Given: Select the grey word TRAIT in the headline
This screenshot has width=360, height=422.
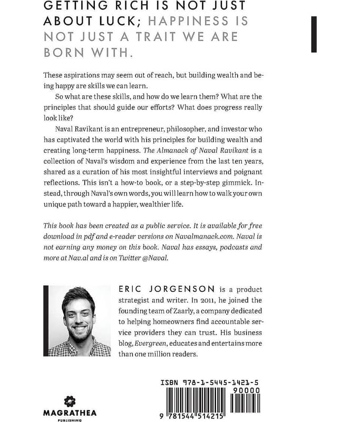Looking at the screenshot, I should point(161,38).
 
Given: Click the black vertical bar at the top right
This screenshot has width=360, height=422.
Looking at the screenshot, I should point(314,34).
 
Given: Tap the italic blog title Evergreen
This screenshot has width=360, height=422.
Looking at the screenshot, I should point(149,344).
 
